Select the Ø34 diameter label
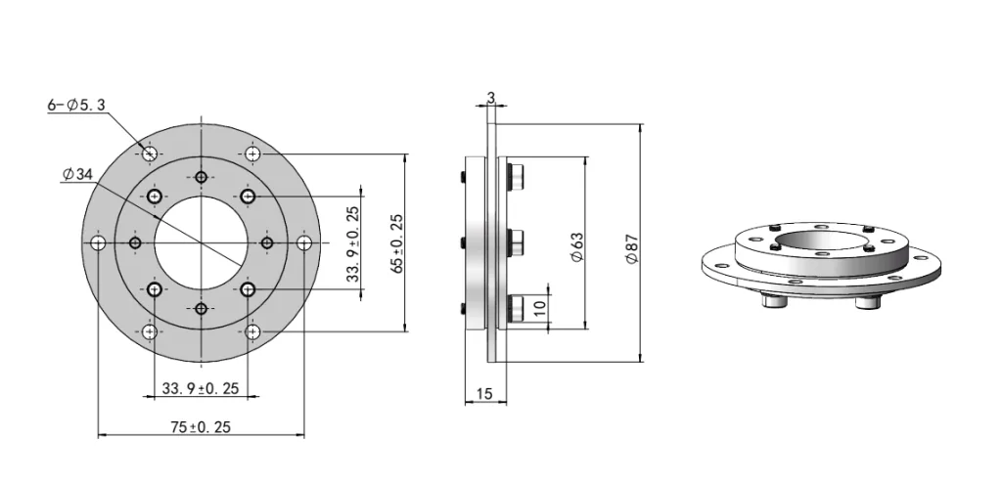(x=76, y=174)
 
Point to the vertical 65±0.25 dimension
(x=396, y=242)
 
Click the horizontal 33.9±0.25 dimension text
(x=201, y=389)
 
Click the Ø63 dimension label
(x=577, y=244)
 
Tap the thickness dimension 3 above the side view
(x=490, y=98)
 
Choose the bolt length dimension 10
(x=540, y=306)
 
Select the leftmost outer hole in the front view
(x=98, y=242)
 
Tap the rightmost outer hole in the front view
(x=304, y=242)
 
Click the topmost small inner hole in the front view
(x=201, y=177)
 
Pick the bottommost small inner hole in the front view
(x=201, y=309)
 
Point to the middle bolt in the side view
(x=516, y=241)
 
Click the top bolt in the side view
(x=516, y=177)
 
